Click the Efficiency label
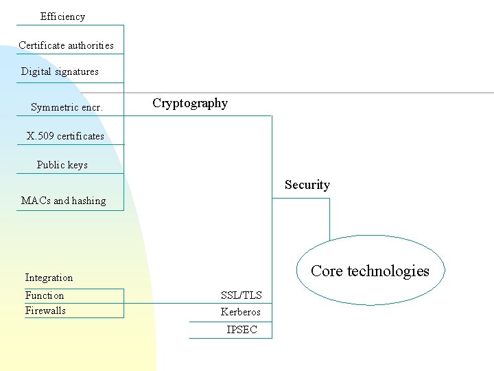pos(62,16)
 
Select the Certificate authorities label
pos(66,45)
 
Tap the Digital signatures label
pos(60,71)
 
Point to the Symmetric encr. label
pos(67,107)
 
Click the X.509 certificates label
pos(65,136)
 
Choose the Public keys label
pos(62,165)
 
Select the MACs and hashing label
pos(63,201)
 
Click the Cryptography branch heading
pos(190,103)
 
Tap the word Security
pos(307,185)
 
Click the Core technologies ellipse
pos(370,271)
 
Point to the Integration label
pos(49,278)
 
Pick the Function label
pos(45,295)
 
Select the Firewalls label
pos(45,311)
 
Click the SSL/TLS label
pos(241,295)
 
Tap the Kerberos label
pos(241,312)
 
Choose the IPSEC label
pos(242,330)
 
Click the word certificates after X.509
pos(80,136)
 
